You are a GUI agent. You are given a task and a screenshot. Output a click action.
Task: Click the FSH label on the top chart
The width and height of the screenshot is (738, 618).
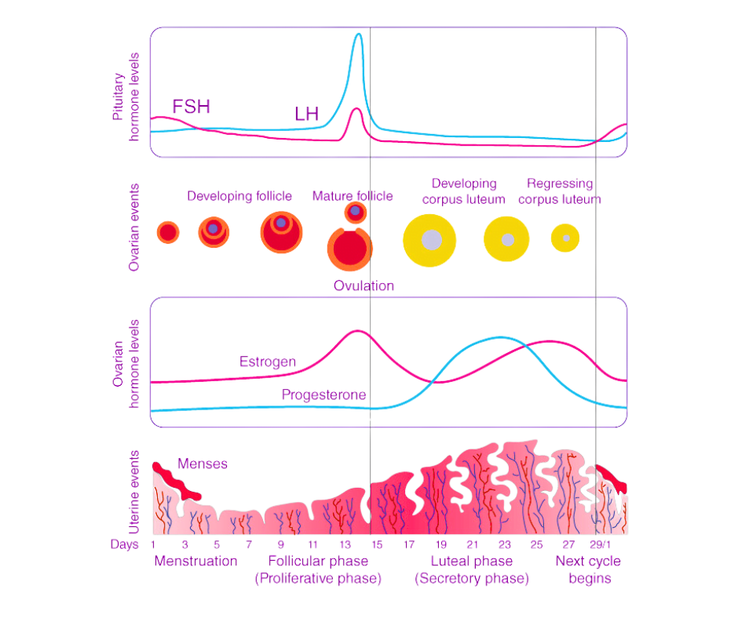pyautogui.click(x=192, y=107)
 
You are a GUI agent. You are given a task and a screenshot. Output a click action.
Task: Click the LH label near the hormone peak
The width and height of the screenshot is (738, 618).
pyautogui.click(x=306, y=115)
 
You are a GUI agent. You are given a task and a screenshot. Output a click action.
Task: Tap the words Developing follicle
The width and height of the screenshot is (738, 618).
pyautogui.click(x=239, y=196)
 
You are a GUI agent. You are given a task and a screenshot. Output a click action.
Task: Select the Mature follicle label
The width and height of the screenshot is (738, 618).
pyautogui.click(x=353, y=196)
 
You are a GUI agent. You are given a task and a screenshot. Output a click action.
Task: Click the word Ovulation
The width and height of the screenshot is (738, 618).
pyautogui.click(x=364, y=285)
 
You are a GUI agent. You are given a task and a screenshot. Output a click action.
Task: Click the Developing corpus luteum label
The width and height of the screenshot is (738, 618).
pyautogui.click(x=462, y=191)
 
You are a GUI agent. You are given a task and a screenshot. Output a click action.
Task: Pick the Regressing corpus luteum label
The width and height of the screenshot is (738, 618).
pyautogui.click(x=560, y=191)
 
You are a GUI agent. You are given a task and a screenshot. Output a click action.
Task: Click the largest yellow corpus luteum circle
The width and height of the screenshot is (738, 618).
pyautogui.click(x=429, y=239)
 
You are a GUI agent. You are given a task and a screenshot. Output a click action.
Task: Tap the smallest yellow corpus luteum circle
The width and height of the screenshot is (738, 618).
pyautogui.click(x=564, y=237)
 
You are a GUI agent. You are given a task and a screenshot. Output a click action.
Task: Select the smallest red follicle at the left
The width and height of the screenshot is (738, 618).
pyautogui.click(x=167, y=232)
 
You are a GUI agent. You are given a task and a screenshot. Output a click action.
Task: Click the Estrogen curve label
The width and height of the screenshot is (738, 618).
pyautogui.click(x=268, y=362)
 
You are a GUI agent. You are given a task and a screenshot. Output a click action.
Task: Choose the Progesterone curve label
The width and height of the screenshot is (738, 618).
pyautogui.click(x=323, y=395)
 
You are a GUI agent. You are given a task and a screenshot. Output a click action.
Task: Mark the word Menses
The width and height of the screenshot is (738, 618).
pyautogui.click(x=203, y=464)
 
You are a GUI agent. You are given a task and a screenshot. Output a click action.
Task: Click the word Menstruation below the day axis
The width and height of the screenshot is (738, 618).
pyautogui.click(x=195, y=562)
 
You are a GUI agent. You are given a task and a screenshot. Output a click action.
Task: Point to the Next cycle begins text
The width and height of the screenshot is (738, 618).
pyautogui.click(x=589, y=569)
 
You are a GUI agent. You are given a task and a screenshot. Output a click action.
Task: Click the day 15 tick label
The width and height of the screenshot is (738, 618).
pyautogui.click(x=376, y=544)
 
